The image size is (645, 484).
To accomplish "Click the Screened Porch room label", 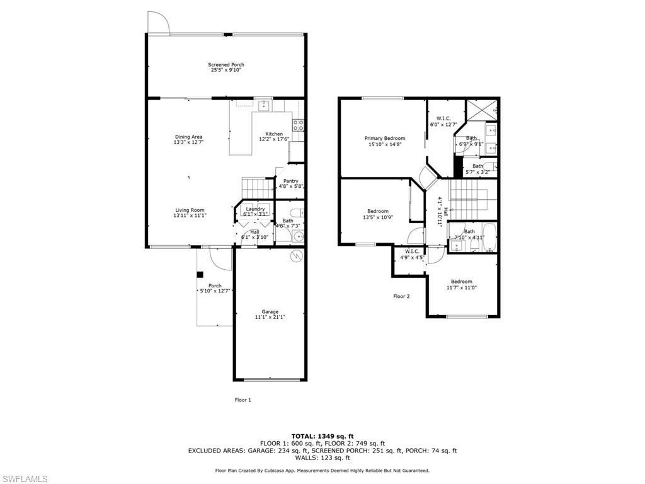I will click(226, 65).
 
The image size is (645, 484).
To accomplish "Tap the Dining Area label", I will click(189, 137).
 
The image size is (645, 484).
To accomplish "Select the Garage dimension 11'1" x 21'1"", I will click(270, 317).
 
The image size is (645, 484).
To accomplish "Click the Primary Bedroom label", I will click(385, 138).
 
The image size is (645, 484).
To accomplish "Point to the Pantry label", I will click(290, 181).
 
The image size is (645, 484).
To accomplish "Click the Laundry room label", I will click(255, 209).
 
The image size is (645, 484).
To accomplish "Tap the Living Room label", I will click(190, 210).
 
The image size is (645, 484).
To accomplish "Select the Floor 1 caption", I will click(243, 400).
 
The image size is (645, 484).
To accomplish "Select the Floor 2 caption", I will click(401, 296).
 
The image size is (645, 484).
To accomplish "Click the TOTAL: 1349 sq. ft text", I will click(322, 436).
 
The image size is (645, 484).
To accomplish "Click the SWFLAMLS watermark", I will click(24, 480).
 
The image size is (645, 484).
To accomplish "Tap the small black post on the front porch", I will click(200, 274).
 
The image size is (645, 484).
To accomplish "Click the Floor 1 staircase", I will click(254, 187).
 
